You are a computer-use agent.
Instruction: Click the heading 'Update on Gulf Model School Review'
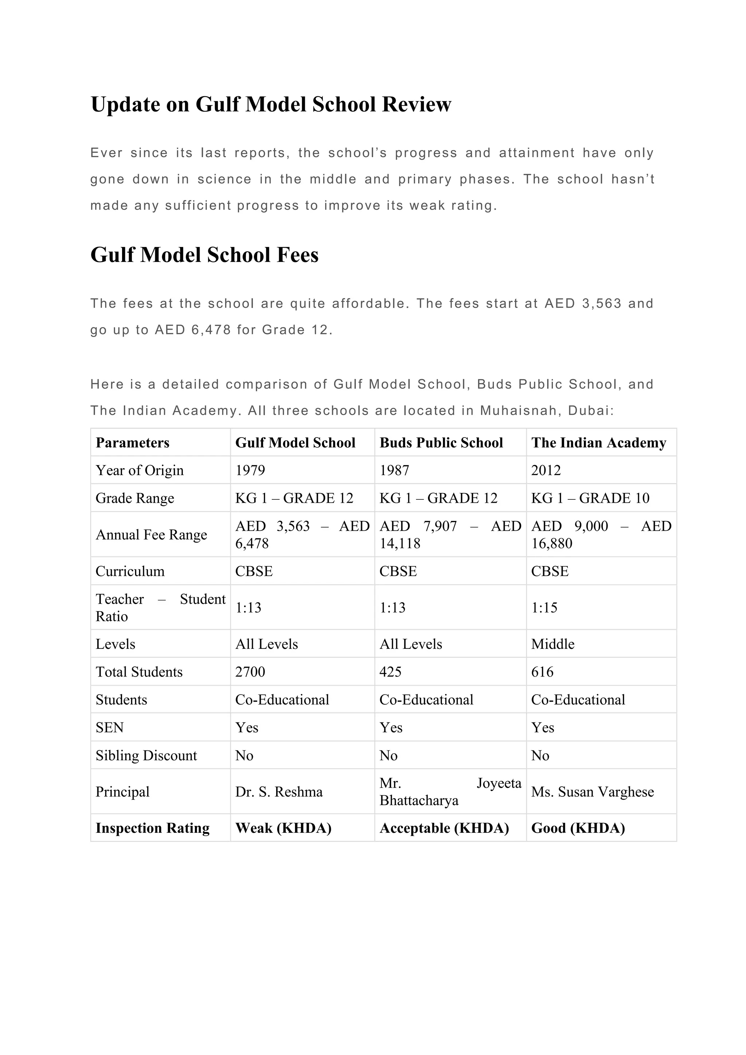(x=271, y=104)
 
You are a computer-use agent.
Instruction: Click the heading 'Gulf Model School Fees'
(x=204, y=255)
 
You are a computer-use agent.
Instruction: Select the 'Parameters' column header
(x=132, y=443)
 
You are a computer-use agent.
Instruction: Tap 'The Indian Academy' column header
(x=598, y=443)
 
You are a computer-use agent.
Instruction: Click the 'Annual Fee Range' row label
(x=151, y=535)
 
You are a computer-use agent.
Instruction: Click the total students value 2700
(x=250, y=672)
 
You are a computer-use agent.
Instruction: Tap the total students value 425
(x=390, y=672)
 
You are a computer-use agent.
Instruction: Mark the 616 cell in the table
(x=542, y=672)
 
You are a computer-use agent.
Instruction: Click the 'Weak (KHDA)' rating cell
(x=283, y=828)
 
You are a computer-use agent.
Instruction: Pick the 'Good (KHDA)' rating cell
(x=578, y=828)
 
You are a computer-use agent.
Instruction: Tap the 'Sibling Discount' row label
(x=146, y=756)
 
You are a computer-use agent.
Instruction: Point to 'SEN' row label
(x=110, y=727)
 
